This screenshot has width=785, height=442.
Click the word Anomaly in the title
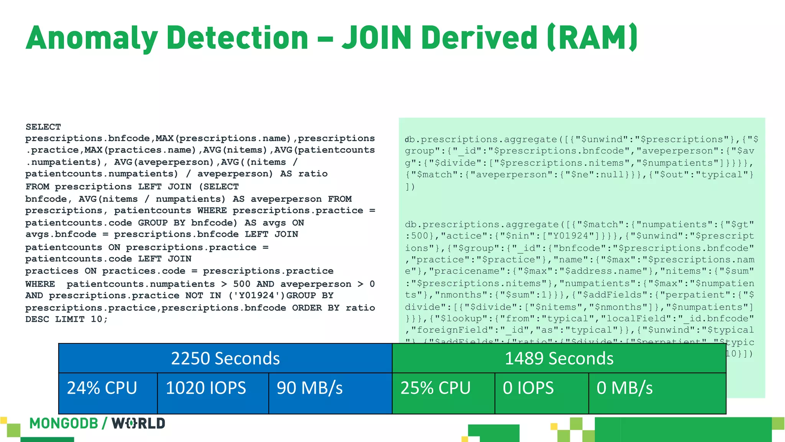pyautogui.click(x=92, y=38)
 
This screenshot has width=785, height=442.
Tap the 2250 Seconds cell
pyautogui.click(x=225, y=358)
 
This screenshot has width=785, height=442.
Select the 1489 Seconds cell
pyautogui.click(x=559, y=358)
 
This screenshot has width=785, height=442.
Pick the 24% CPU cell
pyautogui.click(x=102, y=388)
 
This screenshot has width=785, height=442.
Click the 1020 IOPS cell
pyautogui.click(x=206, y=388)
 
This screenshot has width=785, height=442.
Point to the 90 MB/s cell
pyautogui.click(x=310, y=388)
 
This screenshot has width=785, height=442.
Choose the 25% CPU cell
pyautogui.click(x=435, y=388)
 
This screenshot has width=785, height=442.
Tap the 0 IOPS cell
pyautogui.click(x=528, y=388)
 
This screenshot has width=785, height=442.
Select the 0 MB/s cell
pyautogui.click(x=624, y=388)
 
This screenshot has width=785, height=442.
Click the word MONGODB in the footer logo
pyautogui.click(x=64, y=424)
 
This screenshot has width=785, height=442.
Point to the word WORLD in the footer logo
pyautogui.click(x=138, y=424)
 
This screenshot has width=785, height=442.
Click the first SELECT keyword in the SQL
pyautogui.click(x=43, y=127)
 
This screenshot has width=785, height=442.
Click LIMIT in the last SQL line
pyautogui.click(x=70, y=319)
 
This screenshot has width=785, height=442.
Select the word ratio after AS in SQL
pyautogui.click(x=313, y=174)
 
